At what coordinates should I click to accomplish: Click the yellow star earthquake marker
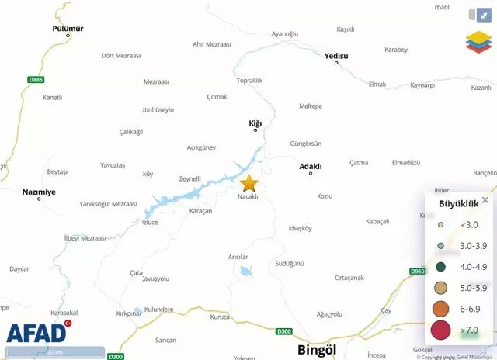248,183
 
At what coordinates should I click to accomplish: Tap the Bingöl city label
317,350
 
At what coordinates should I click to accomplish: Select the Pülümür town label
68,28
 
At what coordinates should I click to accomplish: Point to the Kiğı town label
255,123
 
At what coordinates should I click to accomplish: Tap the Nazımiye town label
39,192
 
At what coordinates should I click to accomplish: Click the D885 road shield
36,80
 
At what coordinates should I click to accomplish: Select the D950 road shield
418,271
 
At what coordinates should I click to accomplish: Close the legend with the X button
485,200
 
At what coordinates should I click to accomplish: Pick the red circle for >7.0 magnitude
440,330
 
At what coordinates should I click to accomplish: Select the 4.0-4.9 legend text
473,266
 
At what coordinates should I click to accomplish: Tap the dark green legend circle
440,266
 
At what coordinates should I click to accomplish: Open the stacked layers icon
478,41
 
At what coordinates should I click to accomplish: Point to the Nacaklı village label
247,196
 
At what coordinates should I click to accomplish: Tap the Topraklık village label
249,81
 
